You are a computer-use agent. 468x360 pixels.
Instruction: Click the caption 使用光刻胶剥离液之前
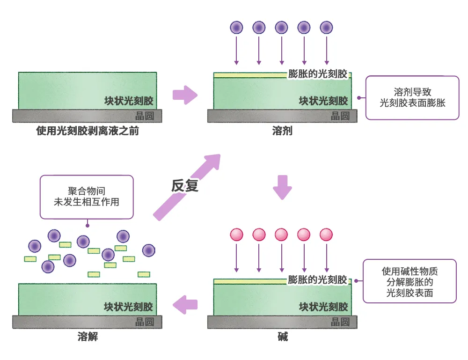click(x=88, y=131)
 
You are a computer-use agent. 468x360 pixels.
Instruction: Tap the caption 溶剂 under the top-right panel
click(x=282, y=131)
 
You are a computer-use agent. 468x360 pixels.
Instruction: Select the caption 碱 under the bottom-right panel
click(x=283, y=337)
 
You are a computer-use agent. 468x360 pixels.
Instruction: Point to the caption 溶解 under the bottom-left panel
click(x=88, y=337)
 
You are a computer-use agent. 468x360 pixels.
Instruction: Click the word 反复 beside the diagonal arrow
click(x=184, y=185)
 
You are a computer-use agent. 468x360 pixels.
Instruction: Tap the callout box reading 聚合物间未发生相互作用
click(x=87, y=197)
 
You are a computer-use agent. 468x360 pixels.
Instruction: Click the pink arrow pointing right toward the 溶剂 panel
click(x=185, y=95)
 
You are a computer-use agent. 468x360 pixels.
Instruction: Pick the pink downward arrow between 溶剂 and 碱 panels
click(x=282, y=187)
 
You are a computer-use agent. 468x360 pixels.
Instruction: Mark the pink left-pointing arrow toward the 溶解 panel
click(x=185, y=305)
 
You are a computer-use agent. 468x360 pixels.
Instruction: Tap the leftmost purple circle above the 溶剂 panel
click(x=237, y=28)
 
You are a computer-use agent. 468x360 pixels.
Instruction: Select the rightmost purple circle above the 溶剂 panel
click(x=326, y=28)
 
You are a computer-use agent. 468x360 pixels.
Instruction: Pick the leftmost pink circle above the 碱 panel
click(x=237, y=235)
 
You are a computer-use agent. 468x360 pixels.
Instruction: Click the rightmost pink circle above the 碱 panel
click(x=326, y=235)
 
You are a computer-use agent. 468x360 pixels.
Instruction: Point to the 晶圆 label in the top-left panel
click(x=145, y=116)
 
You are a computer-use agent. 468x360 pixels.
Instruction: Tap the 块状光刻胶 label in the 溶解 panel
click(x=128, y=307)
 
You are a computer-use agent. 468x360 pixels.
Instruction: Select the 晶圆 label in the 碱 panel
click(x=340, y=322)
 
